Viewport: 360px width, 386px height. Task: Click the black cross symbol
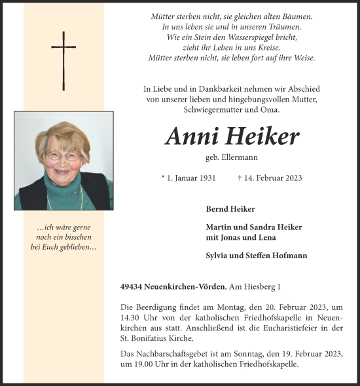pyautogui.click(x=63, y=60)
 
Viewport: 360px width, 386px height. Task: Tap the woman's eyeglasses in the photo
pyautogui.click(x=63, y=156)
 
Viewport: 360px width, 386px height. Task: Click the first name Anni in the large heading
pyautogui.click(x=192, y=136)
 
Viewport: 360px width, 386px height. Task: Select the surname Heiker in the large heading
pyautogui.click(x=262, y=136)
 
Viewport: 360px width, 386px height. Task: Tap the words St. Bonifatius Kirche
pyautogui.click(x=157, y=338)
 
